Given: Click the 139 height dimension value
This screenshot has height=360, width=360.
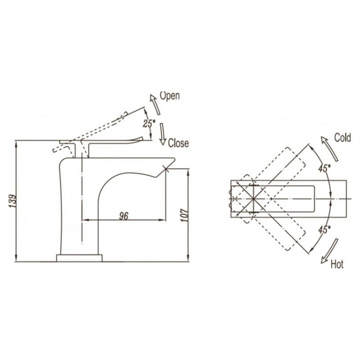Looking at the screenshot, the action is click(x=13, y=201).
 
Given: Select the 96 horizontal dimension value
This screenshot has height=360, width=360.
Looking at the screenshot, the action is click(x=124, y=216).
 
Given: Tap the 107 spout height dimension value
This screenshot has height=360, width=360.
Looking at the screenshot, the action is click(x=184, y=215).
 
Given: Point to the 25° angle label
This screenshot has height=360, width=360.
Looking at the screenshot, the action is click(x=149, y=123).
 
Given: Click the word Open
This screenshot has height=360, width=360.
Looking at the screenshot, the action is click(x=170, y=96).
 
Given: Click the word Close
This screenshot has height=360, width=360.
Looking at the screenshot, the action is click(x=178, y=143).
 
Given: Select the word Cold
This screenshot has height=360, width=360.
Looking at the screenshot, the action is click(x=342, y=138).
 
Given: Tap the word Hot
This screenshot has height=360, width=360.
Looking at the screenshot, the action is click(x=337, y=265).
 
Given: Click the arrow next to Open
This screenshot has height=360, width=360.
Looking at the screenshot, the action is click(x=155, y=104).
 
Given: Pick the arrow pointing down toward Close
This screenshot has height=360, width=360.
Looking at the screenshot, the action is click(x=162, y=134).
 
